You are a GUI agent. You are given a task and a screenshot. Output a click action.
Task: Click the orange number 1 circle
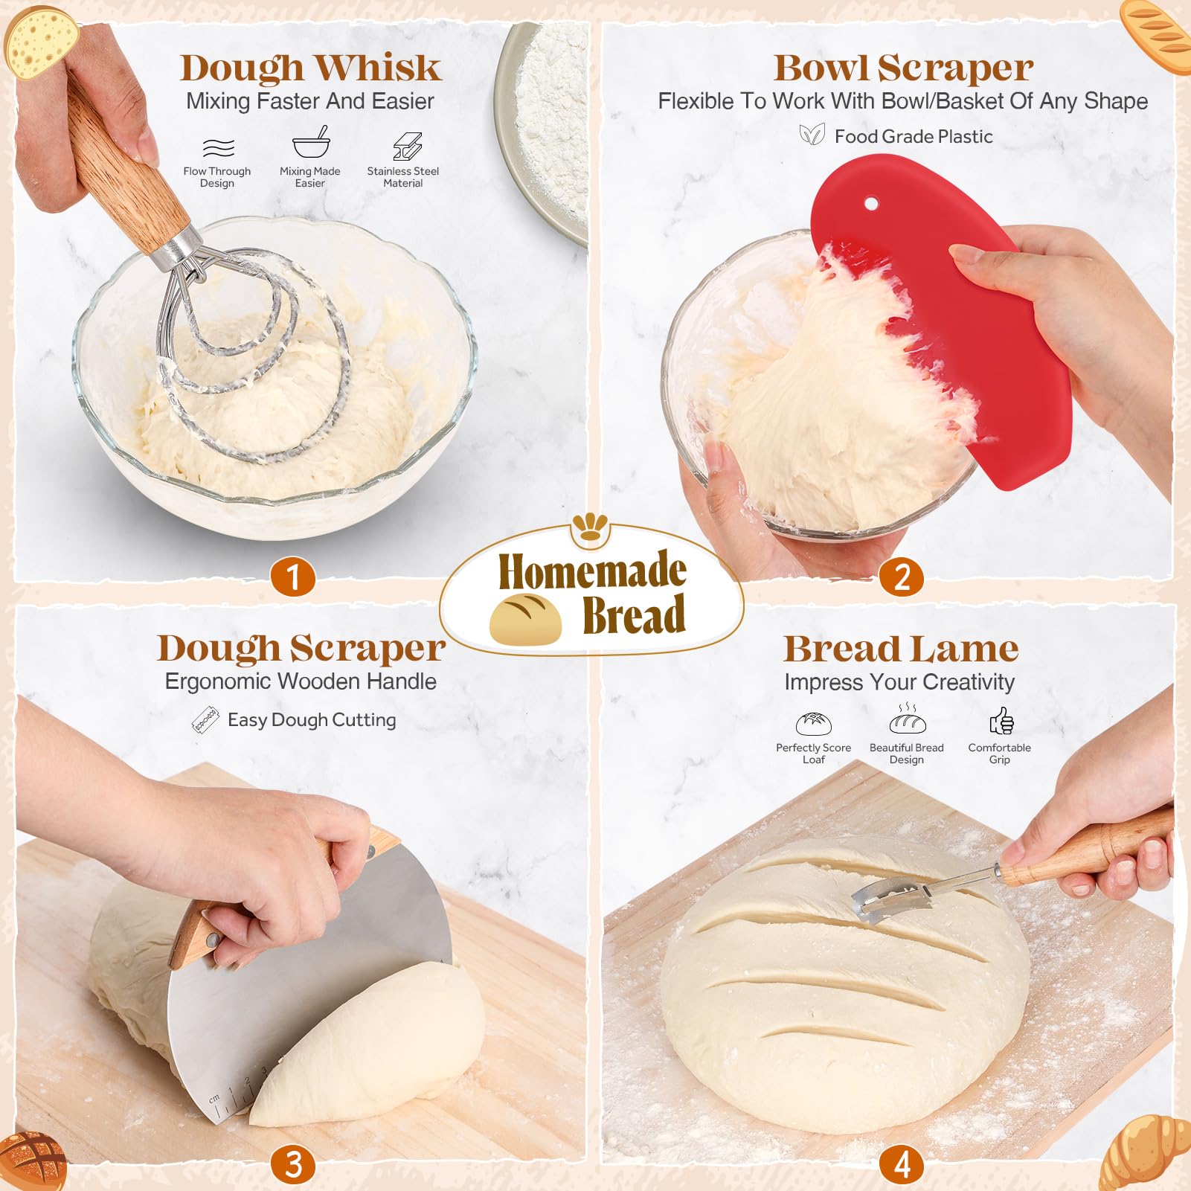pyautogui.click(x=293, y=577)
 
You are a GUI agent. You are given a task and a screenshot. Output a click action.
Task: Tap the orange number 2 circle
pyautogui.click(x=902, y=577)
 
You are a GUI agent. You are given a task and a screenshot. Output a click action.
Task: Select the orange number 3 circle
pyautogui.click(x=293, y=1164)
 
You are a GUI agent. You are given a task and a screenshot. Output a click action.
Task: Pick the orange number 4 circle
pyautogui.click(x=902, y=1164)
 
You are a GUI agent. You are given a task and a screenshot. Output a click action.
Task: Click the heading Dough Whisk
pyautogui.click(x=311, y=68)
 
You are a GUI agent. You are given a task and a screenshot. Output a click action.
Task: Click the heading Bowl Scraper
pyautogui.click(x=903, y=68)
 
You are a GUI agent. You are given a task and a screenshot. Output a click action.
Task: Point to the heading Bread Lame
pyautogui.click(x=901, y=649)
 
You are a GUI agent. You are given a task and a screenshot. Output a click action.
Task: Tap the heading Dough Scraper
pyautogui.click(x=301, y=648)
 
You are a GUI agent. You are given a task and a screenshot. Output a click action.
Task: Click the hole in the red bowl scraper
pyautogui.click(x=872, y=203)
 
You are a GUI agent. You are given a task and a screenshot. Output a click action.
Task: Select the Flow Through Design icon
pyautogui.click(x=218, y=147)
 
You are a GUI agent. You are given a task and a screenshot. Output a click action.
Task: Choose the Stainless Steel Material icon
pyautogui.click(x=407, y=147)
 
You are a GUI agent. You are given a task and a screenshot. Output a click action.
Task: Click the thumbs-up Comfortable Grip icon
pyautogui.click(x=1001, y=721)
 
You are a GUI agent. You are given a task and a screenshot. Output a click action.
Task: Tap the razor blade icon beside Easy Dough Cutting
pyautogui.click(x=205, y=720)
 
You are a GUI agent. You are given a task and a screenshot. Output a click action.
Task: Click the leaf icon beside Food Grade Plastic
pyautogui.click(x=812, y=135)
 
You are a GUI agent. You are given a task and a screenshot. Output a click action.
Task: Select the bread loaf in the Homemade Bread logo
pyautogui.click(x=525, y=618)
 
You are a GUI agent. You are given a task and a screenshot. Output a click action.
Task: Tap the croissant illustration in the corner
pyautogui.click(x=1146, y=1152)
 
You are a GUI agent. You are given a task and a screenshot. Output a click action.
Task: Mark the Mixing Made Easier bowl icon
pyautogui.click(x=310, y=143)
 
